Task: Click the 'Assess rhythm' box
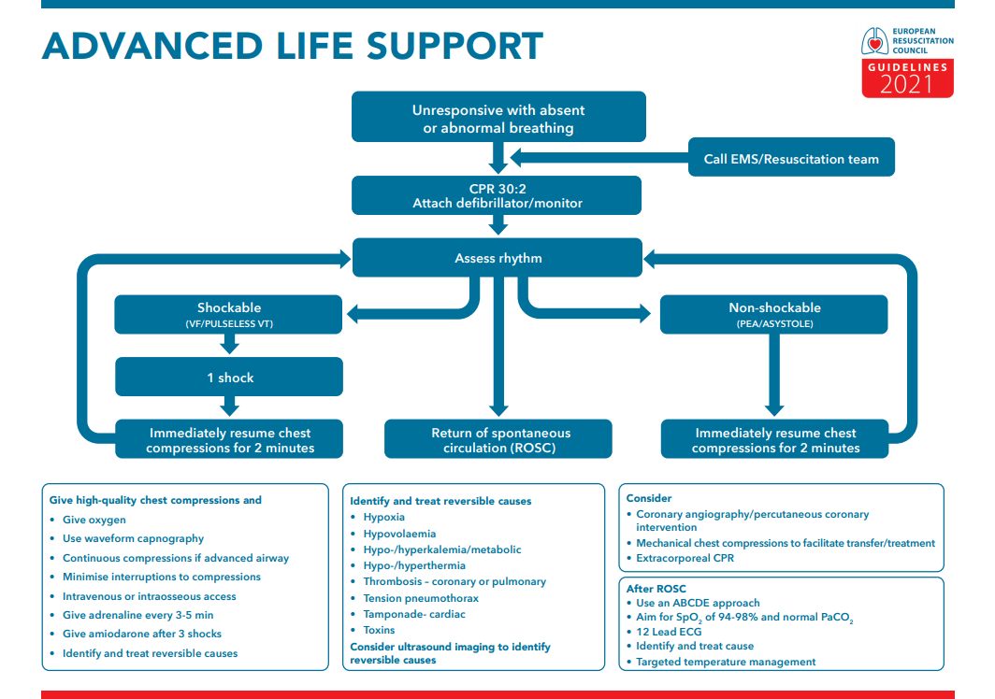[x=497, y=258]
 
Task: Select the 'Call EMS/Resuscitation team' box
[x=791, y=158]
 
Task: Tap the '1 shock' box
[x=229, y=378]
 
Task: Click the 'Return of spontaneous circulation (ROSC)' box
[x=499, y=439]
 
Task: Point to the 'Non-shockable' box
[x=773, y=314]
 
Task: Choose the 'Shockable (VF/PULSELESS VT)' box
[x=229, y=314]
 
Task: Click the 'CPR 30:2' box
[x=497, y=195]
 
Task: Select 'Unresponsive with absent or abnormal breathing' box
[x=498, y=118]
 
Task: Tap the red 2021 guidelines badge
[x=907, y=79]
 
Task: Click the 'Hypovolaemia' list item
[x=399, y=534]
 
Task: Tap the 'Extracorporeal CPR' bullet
[x=685, y=558]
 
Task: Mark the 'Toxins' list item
[x=379, y=630]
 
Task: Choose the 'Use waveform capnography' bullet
[x=133, y=538]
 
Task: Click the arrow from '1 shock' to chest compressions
[x=229, y=406]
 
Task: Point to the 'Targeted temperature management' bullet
[x=726, y=662]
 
